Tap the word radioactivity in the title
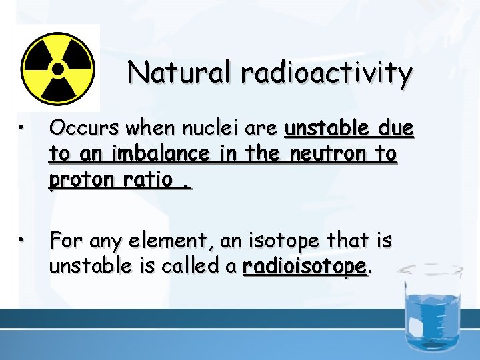327,74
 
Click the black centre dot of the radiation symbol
57,68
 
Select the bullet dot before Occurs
22,129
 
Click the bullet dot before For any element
22,239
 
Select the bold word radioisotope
305,267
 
